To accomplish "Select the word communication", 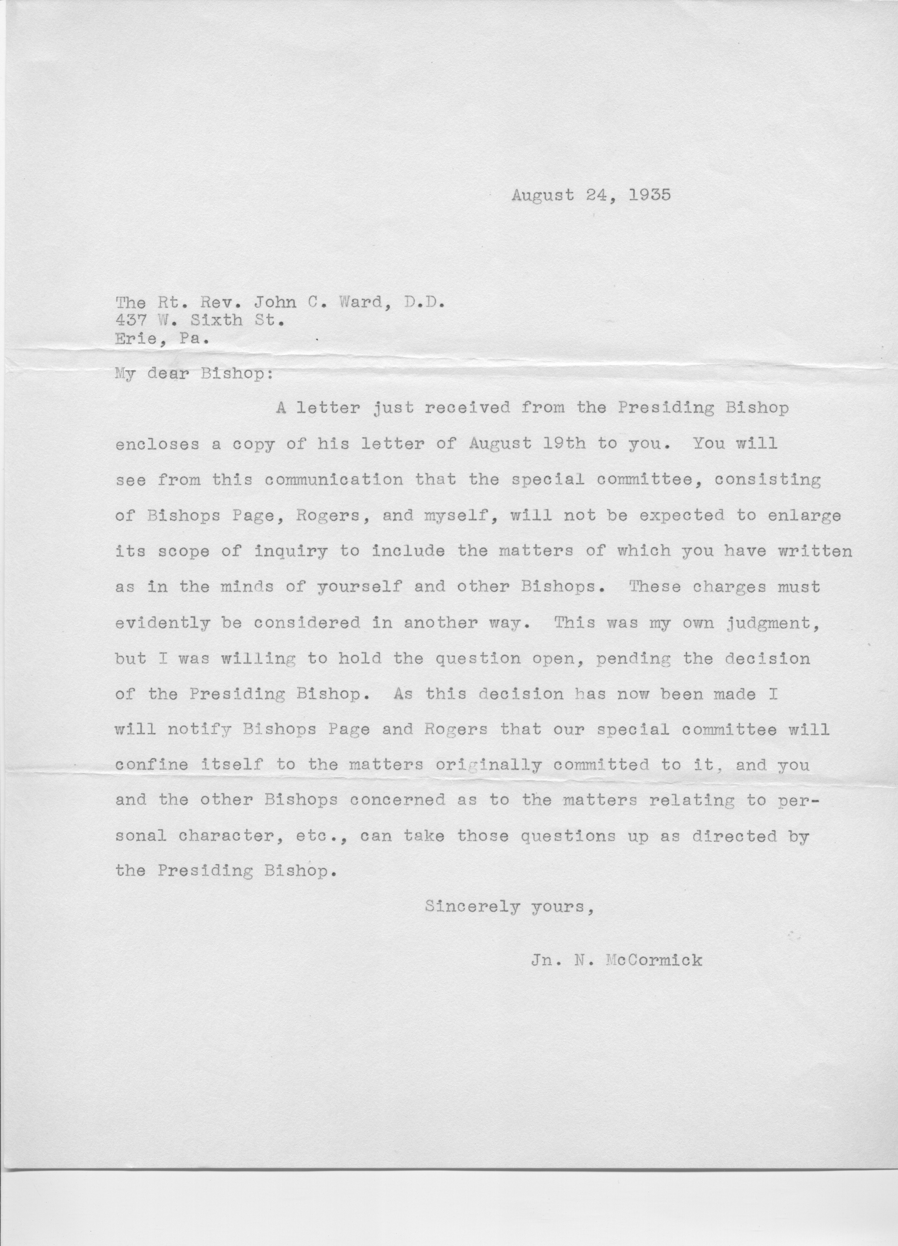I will tap(334, 480).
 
